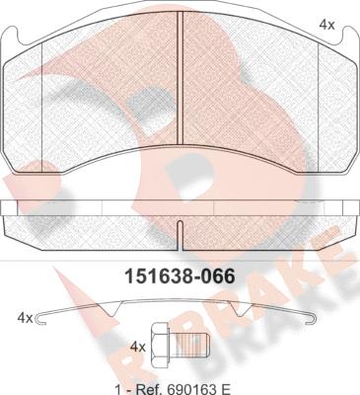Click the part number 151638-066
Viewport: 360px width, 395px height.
(x=180, y=276)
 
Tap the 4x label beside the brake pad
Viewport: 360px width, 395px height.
(x=327, y=25)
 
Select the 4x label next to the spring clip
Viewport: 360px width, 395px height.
(x=25, y=318)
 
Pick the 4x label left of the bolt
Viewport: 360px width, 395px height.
(x=138, y=347)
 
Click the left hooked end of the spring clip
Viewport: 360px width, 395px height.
(x=40, y=318)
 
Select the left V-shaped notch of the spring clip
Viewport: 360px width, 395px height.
(x=112, y=309)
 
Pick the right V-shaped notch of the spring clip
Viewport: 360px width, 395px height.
(x=241, y=309)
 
